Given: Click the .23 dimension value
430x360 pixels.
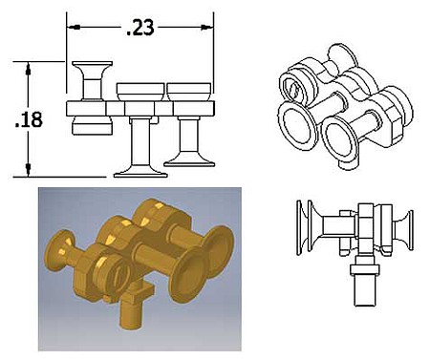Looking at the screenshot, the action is coord(140,28).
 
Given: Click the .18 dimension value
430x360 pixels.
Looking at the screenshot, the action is coord(29,120).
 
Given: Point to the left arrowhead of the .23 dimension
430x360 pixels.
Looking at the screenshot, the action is coord(74,28).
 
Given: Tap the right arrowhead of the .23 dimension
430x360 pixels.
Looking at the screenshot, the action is coord(207,28).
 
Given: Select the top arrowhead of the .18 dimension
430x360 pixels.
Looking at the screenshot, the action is coord(29,68).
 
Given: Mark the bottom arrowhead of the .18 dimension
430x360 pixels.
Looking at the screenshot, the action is coord(29,170).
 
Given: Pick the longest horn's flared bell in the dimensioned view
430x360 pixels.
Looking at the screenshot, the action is coord(140,171).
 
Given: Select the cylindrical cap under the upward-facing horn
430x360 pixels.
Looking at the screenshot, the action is coord(92,125).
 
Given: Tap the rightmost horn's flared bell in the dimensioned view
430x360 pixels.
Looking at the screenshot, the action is coord(189,161).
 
